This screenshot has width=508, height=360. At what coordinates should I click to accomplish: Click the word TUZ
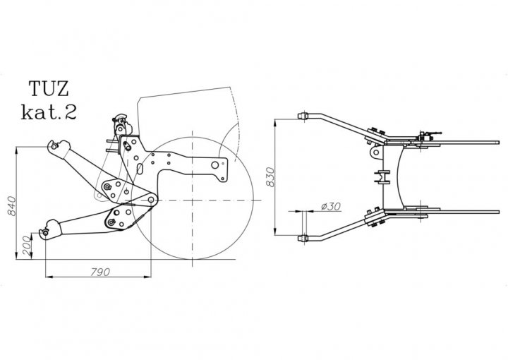tap(49, 88)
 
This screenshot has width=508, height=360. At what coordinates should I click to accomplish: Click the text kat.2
tap(49, 112)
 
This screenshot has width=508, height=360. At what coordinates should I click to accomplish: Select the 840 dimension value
tap(11, 205)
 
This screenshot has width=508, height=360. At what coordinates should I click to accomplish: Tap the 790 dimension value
tap(99, 272)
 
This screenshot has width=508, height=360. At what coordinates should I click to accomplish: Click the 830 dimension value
tap(270, 177)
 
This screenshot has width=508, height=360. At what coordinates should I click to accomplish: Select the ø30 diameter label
tap(331, 206)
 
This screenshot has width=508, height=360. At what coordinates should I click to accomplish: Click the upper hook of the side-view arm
tap(57, 147)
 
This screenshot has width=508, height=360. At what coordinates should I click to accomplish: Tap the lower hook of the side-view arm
tap(49, 229)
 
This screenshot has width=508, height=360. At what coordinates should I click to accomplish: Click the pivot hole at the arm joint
tap(151, 200)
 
